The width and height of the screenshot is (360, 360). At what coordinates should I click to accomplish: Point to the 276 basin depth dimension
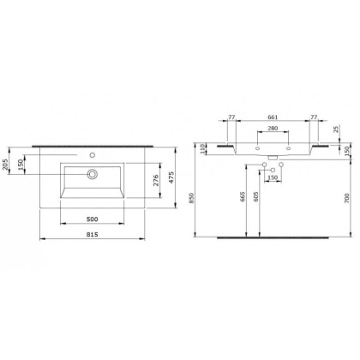coord(155,180)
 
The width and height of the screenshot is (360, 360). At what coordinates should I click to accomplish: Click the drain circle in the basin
coord(91,174)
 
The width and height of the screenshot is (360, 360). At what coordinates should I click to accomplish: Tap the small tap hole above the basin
coord(91,156)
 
